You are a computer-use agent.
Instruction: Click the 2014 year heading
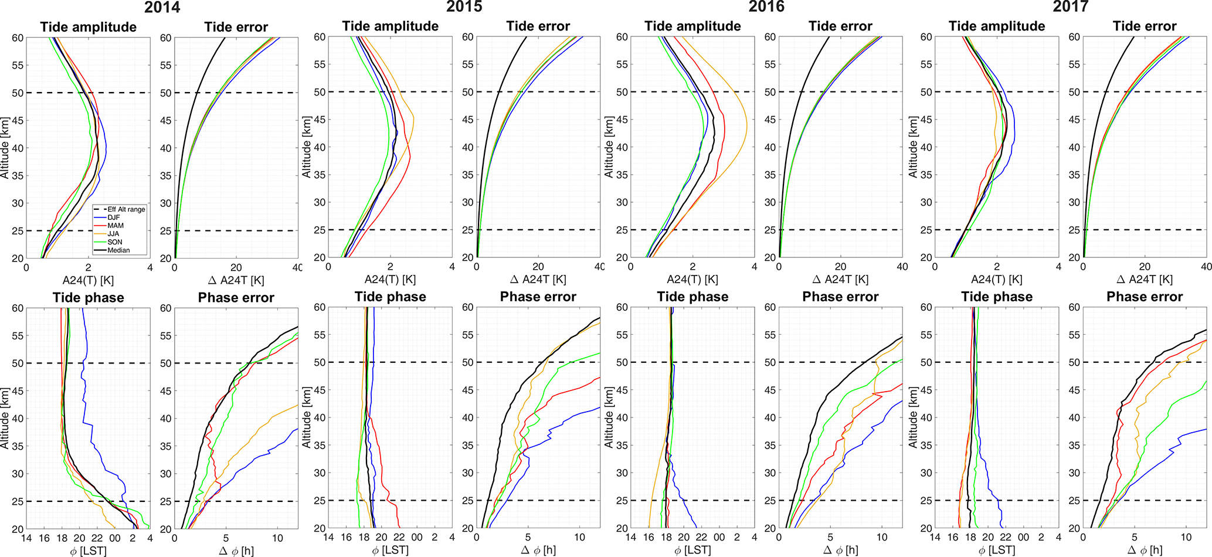162,7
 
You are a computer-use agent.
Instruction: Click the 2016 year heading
766,7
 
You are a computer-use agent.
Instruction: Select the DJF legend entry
114,218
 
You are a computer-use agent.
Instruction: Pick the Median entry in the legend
118,250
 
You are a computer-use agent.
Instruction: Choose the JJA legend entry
113,234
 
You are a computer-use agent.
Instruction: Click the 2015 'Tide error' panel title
538,26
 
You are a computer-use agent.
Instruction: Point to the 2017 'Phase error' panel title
1144,297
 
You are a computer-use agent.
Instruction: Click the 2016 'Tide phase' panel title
692,297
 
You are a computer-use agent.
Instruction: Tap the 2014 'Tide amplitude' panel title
88,27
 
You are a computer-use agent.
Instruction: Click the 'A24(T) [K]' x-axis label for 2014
88,280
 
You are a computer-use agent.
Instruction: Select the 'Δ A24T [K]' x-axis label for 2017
1144,280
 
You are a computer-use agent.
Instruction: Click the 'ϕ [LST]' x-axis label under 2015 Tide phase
390,551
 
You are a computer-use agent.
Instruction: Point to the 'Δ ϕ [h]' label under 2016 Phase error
840,551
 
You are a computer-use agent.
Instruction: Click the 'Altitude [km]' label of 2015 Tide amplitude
306,147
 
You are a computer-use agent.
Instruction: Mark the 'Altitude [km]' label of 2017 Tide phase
913,417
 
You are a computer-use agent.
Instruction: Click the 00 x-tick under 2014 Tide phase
115,538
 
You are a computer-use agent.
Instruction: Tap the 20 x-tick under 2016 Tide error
840,267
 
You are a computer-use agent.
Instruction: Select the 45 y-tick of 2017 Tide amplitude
926,120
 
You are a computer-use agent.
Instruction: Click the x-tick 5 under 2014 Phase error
226,538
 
